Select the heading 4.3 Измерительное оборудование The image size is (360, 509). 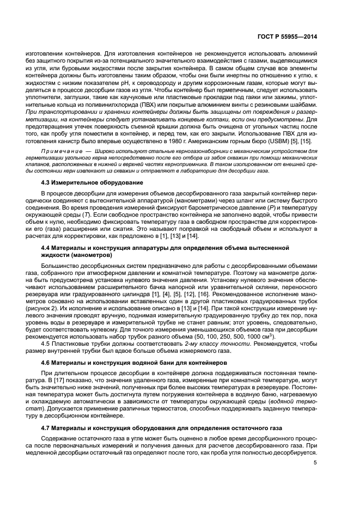[93, 182]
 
